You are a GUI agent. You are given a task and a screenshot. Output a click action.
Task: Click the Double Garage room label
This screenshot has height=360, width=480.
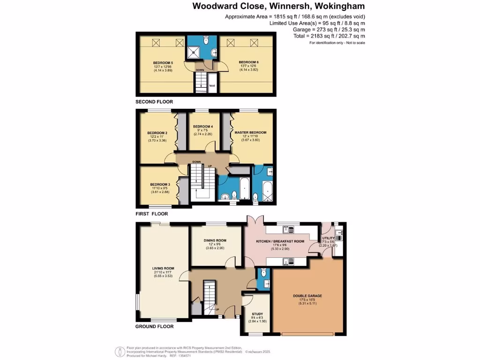click(x=307, y=296)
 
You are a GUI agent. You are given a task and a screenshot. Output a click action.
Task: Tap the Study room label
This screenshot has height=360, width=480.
click(x=257, y=314)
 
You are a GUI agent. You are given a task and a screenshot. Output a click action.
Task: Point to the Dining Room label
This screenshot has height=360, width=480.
click(x=215, y=240)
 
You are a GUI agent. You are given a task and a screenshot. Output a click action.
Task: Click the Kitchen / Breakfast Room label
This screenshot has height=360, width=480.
click(x=280, y=241)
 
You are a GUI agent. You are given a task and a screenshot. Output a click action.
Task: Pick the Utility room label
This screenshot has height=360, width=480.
click(x=329, y=238)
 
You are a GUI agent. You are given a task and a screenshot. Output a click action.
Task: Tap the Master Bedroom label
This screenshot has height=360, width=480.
click(x=250, y=133)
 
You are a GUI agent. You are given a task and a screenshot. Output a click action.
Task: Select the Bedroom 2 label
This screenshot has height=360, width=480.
click(x=157, y=133)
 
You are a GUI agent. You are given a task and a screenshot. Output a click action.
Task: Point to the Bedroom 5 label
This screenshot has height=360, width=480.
click(x=163, y=62)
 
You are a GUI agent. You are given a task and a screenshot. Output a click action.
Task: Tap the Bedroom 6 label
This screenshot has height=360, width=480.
click(x=248, y=62)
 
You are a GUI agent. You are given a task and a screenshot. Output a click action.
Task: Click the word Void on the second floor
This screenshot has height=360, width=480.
click(x=212, y=86)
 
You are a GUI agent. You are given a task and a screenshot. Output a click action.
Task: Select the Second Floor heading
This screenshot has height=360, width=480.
click(x=154, y=102)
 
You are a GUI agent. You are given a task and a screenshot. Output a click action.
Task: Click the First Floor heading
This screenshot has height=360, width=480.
click(x=151, y=213)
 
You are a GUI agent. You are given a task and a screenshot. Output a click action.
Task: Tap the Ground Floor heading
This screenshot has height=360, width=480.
click(x=154, y=327)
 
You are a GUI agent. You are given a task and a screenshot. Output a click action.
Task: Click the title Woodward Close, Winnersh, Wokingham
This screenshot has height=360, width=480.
click(x=278, y=6)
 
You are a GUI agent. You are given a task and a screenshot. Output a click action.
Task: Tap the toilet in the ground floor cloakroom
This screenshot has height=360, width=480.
click(x=263, y=272)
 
